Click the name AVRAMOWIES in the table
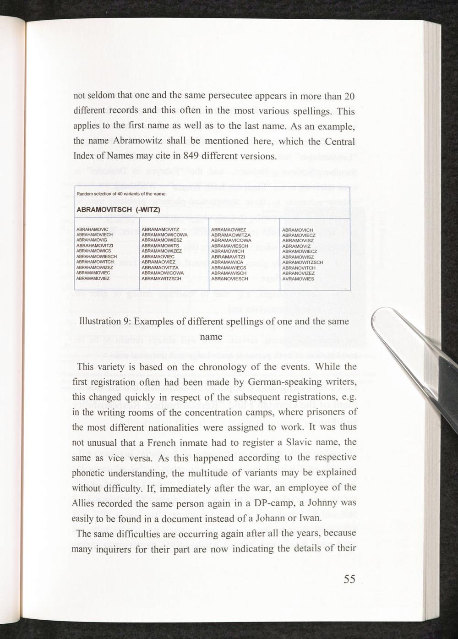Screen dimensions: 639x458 coord(298,278)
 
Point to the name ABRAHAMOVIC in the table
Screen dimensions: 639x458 coord(92,229)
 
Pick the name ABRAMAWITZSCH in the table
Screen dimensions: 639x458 coord(162,278)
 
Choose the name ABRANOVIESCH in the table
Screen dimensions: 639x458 coord(230,278)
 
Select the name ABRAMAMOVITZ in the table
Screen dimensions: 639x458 coord(160,229)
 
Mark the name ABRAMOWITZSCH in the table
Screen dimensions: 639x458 coord(303,262)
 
